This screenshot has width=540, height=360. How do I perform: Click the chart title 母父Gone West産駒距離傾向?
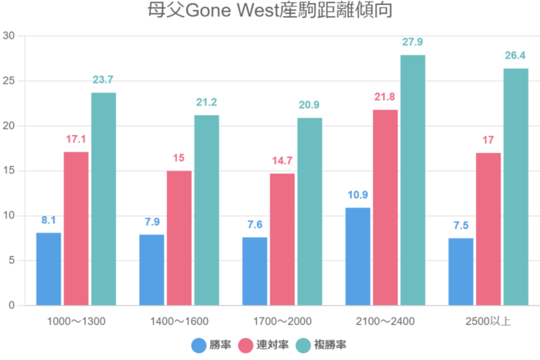(270, 11)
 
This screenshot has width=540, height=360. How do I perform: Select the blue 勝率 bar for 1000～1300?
(48, 269)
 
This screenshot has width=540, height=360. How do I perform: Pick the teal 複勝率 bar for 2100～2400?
(412, 180)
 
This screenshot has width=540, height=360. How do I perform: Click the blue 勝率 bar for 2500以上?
(461, 272)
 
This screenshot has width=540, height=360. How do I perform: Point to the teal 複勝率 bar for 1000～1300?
(103, 199)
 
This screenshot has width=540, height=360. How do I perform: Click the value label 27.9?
(412, 42)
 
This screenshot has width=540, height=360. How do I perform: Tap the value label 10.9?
(358, 195)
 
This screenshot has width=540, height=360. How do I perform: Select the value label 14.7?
(282, 160)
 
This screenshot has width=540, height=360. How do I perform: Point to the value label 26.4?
(515, 56)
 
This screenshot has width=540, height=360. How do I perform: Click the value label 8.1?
(48, 220)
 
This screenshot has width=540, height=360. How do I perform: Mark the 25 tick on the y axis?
(9, 81)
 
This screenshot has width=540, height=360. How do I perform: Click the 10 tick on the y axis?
(9, 216)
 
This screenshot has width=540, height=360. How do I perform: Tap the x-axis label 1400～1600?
(179, 320)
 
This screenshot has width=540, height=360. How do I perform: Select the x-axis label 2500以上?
(488, 320)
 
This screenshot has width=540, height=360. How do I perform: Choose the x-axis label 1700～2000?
(282, 320)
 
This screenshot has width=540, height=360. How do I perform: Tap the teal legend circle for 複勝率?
(302, 345)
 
